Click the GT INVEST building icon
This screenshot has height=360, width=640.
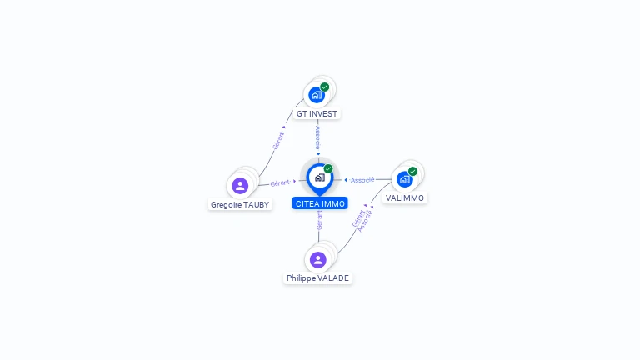pos(317,95)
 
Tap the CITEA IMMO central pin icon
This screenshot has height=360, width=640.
pos(319,177)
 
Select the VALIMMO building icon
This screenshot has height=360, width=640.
pos(404,179)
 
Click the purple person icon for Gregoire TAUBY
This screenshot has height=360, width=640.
pos(240,185)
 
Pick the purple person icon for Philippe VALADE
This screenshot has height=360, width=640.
pos(317,260)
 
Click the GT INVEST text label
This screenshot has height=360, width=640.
pos(317,113)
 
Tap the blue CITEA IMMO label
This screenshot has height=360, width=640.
pos(320,203)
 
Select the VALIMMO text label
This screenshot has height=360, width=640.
pos(405,198)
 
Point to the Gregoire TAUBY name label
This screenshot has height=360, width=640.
pos(240,204)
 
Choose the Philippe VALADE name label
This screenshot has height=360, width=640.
pos(317,278)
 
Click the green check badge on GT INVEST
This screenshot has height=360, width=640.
pos(325,87)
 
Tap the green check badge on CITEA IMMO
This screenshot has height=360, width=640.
pos(328,169)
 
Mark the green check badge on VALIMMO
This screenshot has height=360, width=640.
pos(412,172)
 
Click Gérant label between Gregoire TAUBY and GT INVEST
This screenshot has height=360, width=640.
pos(278,140)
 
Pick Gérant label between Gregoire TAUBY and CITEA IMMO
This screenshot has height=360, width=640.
pos(280,182)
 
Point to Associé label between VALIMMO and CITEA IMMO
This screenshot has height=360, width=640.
pos(362,180)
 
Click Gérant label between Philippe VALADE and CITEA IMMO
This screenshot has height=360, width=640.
pos(319,220)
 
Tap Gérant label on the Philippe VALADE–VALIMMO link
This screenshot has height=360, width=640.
pos(357,218)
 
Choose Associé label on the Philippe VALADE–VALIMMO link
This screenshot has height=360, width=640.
pos(365,221)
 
